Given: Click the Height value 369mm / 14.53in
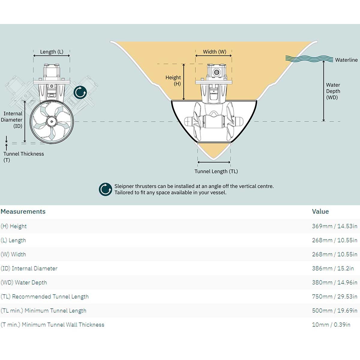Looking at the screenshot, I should (x=334, y=226).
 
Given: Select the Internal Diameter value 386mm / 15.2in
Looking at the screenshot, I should (x=333, y=268).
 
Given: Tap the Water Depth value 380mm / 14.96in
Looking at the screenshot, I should (x=334, y=283).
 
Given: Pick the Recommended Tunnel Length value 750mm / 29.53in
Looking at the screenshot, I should (x=334, y=297).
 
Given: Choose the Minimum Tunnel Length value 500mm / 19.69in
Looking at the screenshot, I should (x=334, y=311).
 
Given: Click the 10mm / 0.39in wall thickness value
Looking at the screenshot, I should (x=331, y=325).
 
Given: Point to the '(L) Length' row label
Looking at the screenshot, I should (x=13, y=240).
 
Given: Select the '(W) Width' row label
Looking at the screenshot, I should (x=13, y=254).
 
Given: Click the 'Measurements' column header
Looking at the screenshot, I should (x=23, y=211).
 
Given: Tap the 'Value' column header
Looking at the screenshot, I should (x=320, y=211).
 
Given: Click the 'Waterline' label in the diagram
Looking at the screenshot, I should (x=346, y=60).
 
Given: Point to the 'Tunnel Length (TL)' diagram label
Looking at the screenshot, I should (x=216, y=172).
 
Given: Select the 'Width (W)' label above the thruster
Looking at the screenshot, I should (x=214, y=52).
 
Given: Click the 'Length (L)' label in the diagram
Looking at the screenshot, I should (x=52, y=52).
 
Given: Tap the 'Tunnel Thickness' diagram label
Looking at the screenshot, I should (x=24, y=154).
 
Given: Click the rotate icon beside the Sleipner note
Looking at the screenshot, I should (x=105, y=189).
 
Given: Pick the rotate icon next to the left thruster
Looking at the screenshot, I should (x=80, y=93).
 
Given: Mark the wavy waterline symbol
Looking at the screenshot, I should (x=309, y=58).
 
